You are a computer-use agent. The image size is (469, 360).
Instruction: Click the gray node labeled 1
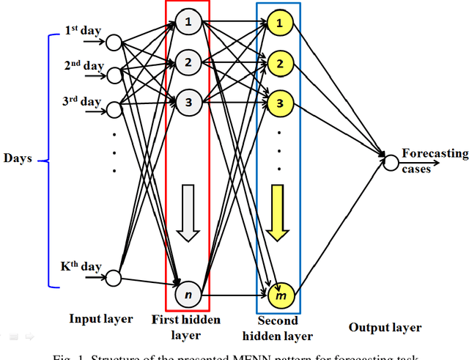click(188, 22)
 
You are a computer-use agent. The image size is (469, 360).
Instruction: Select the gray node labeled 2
click(188, 62)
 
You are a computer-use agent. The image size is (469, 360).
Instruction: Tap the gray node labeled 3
click(188, 103)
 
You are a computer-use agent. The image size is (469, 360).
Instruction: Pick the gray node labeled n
click(188, 293)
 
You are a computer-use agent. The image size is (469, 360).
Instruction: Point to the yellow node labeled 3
click(278, 102)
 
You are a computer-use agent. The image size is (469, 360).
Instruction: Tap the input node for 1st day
click(114, 43)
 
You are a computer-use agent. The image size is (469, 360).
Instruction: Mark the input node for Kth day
click(114, 277)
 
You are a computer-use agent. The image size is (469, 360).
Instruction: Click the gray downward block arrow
click(188, 213)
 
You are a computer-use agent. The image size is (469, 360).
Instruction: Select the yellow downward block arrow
click(278, 213)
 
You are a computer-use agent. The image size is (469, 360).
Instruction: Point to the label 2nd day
click(84, 65)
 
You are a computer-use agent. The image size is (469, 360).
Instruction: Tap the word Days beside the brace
click(18, 158)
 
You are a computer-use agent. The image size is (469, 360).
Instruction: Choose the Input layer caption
click(101, 319)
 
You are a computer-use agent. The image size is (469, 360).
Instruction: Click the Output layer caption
click(385, 328)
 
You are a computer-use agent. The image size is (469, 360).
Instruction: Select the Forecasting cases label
click(434, 160)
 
